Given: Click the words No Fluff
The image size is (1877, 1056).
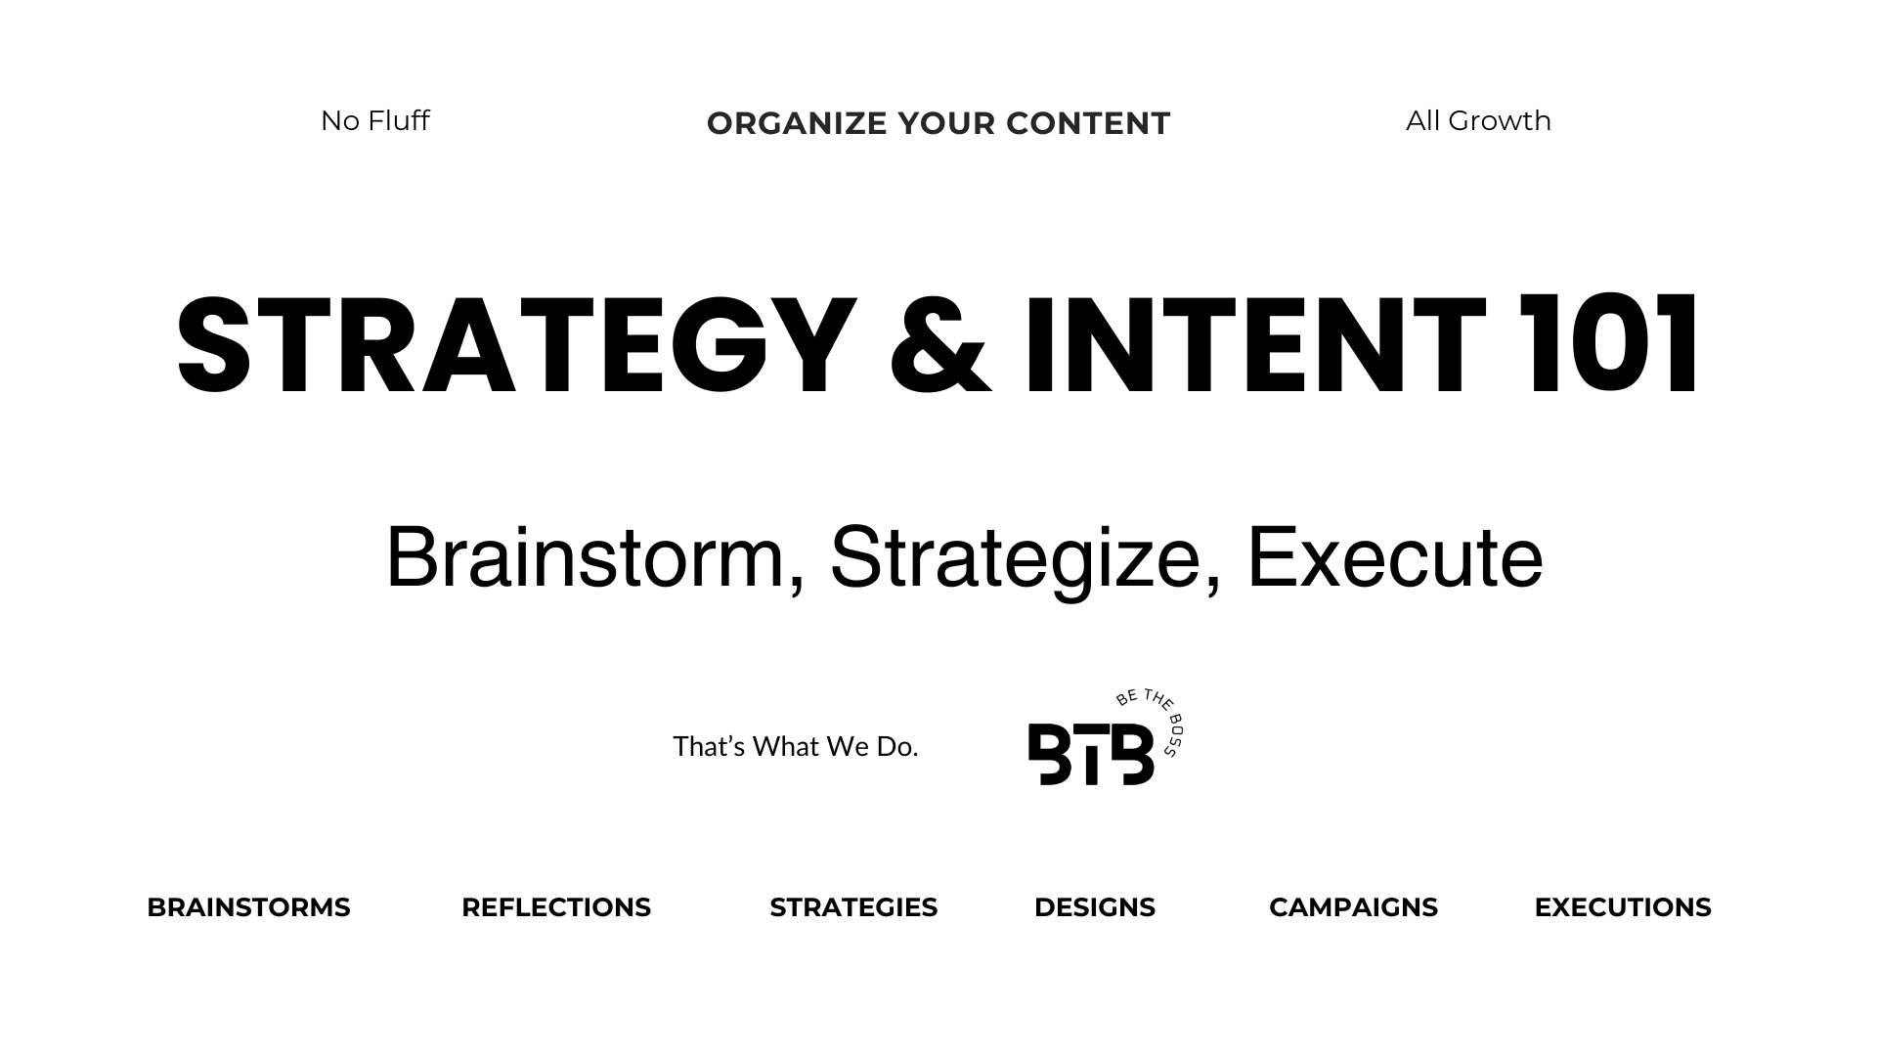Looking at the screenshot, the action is coord(375,120).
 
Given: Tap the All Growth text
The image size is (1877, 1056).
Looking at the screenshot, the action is coord(1478,120).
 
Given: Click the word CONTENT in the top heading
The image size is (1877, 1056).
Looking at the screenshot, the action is coord(1088,123).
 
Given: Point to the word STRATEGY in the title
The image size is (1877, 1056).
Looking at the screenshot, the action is coord(516,345).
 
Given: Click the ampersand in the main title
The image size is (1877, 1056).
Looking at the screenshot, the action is coord(940,345).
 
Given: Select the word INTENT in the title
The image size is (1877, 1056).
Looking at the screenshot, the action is coord(1255,345).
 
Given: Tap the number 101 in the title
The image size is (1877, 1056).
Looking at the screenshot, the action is coord(1609,345).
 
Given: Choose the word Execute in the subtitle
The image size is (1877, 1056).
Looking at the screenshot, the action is coord(1395,557).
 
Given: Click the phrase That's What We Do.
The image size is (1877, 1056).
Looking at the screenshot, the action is coord(796,747).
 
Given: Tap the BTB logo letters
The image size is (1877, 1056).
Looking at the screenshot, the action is coord(1091,754).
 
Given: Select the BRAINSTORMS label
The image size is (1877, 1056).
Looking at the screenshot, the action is coord(248,907).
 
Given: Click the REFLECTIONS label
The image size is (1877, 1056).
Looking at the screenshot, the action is coord(556,907).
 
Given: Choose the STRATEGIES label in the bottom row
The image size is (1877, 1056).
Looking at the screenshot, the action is coord(853,907).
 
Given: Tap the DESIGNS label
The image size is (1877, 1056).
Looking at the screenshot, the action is coord(1095,907).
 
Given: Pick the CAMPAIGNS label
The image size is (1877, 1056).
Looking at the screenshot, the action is coord(1353,907).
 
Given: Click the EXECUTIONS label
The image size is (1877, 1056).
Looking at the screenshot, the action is coord(1623,907).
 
